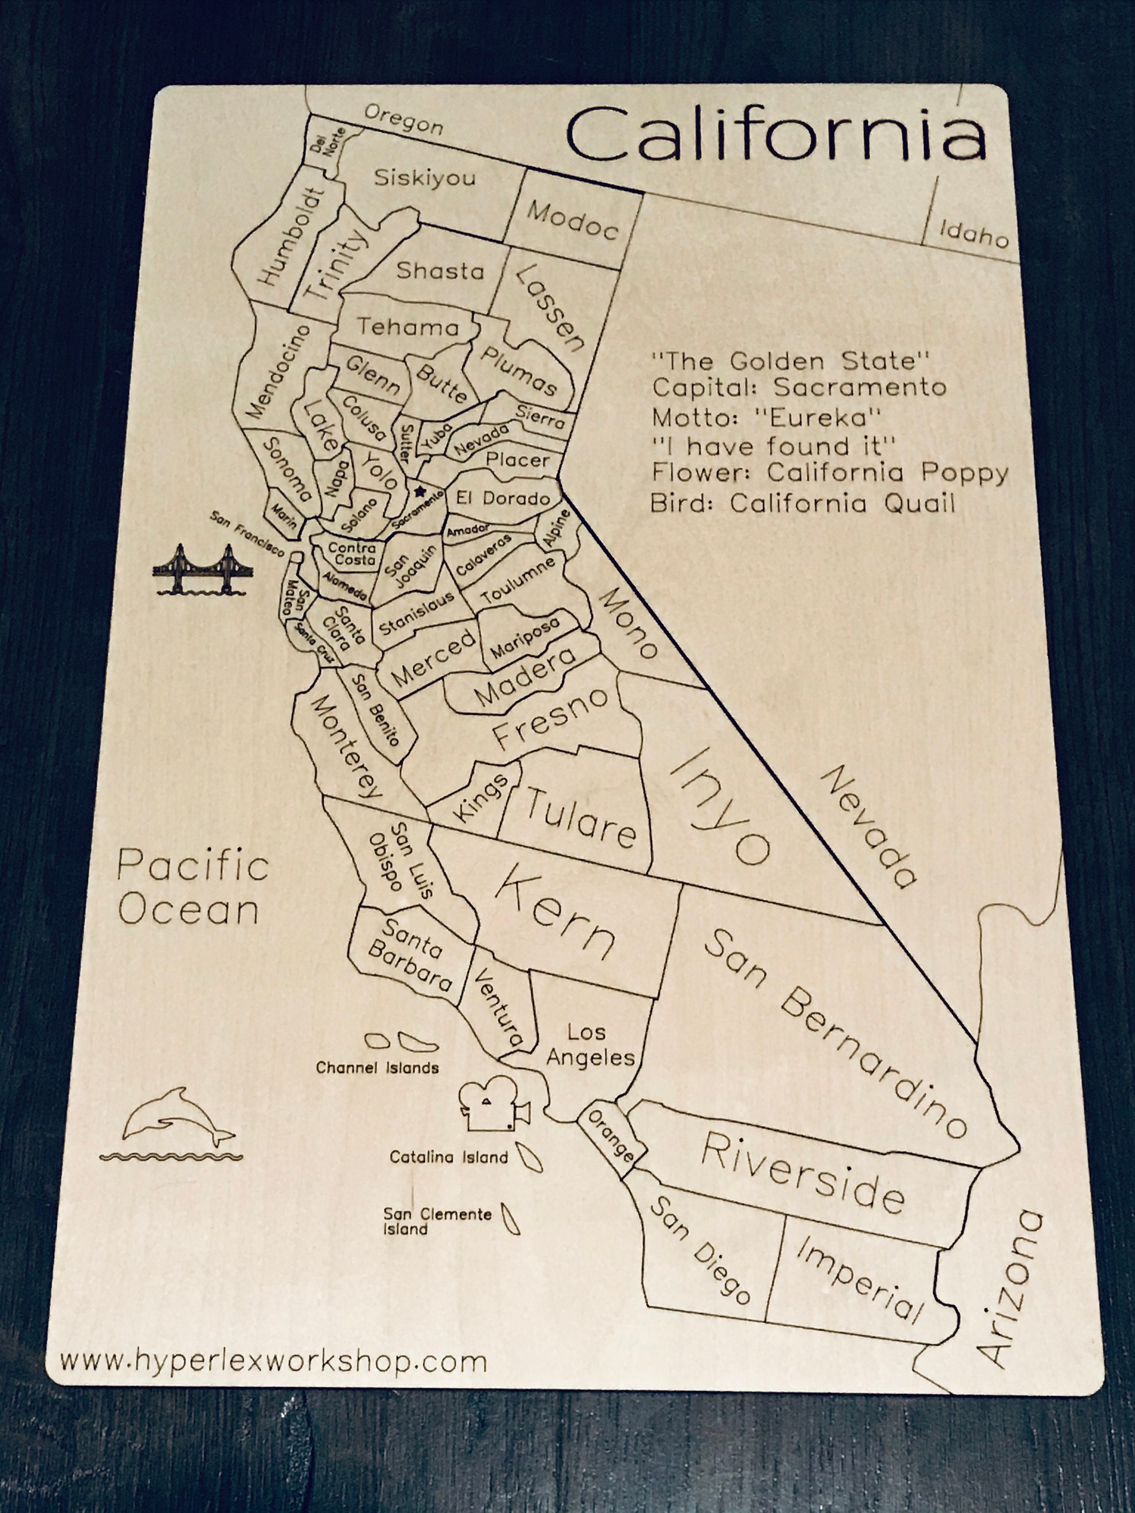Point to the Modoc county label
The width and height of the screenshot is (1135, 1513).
pyautogui.click(x=572, y=220)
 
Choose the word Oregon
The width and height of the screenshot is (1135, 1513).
pyautogui.click(x=403, y=120)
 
